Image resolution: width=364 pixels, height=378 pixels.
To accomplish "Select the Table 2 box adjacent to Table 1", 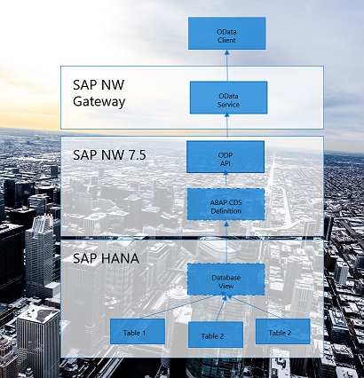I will point(213,335).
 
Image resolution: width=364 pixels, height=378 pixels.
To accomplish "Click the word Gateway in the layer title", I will point(100,101).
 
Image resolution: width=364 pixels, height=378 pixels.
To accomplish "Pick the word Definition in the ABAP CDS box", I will point(226,210).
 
